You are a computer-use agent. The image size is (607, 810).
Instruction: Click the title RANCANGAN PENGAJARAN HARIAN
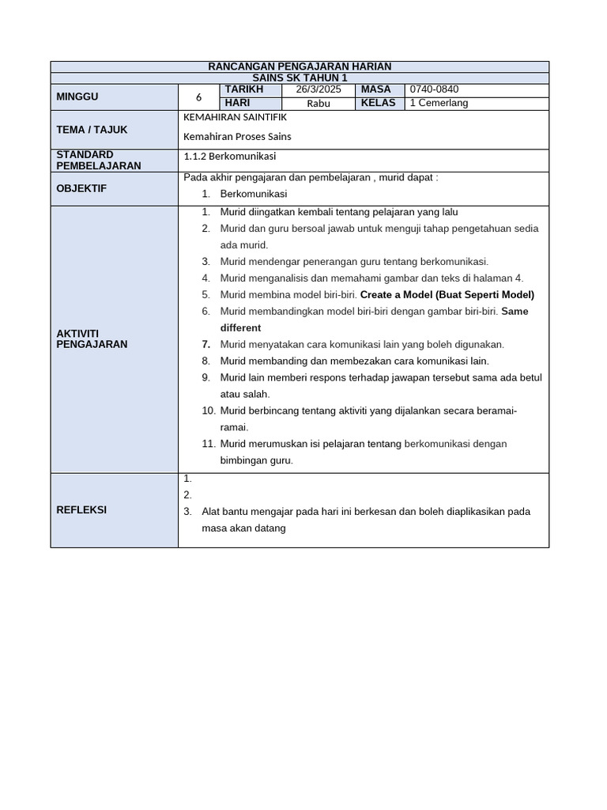(300, 66)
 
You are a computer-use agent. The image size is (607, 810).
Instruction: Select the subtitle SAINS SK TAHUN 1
(300, 78)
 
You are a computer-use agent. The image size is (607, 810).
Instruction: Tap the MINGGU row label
(77, 97)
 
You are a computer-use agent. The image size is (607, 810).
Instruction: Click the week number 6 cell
(199, 97)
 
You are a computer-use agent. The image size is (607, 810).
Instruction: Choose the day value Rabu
(319, 104)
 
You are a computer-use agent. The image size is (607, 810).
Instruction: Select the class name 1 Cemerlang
(439, 103)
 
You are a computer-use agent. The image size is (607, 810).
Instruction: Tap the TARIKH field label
(243, 90)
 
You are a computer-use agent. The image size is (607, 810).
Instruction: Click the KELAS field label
(378, 103)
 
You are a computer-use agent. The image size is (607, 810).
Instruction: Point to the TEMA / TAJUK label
(92, 130)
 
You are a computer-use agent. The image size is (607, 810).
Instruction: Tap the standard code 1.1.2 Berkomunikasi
(230, 156)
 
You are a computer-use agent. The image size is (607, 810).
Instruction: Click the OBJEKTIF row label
(81, 188)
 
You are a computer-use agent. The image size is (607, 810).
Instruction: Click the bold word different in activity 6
(240, 327)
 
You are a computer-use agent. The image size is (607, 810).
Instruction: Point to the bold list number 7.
(205, 344)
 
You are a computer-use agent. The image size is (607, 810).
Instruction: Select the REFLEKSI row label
(81, 510)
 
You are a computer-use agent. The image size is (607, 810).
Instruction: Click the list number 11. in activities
(208, 444)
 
